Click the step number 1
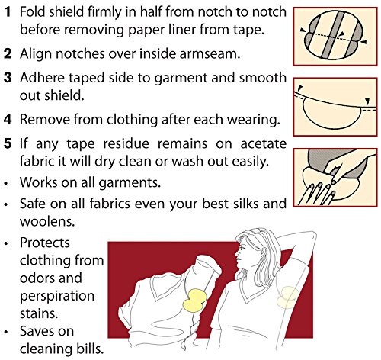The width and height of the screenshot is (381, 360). tap(8, 11)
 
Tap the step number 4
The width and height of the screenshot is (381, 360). tap(8, 119)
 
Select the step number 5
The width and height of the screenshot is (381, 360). tap(8, 143)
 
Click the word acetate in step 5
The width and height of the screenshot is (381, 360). tap(264, 143)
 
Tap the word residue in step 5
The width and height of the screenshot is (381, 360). tap(126, 143)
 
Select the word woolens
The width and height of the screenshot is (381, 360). tap(47, 221)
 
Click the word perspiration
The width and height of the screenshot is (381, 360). tap(57, 297)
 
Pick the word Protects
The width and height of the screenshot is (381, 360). tap(45, 243)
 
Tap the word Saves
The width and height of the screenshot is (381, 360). tap(46, 331)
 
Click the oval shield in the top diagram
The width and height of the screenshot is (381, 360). tap(333, 35)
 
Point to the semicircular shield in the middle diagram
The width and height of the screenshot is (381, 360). tap(332, 115)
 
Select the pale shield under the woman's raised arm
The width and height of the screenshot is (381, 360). tap(287, 297)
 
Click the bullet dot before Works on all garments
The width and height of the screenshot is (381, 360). tap(6, 184)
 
